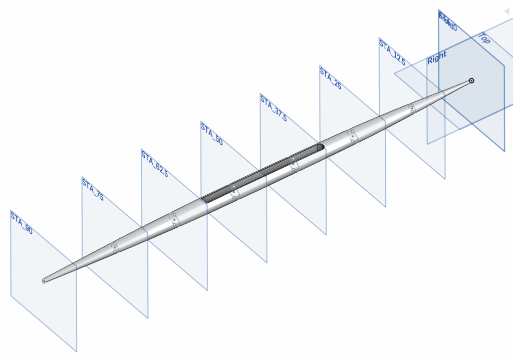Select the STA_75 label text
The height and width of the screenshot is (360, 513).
(93, 190)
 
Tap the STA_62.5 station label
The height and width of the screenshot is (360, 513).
(154, 163)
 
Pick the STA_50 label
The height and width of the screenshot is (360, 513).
(211, 134)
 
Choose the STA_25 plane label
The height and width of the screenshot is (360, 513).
(330, 78)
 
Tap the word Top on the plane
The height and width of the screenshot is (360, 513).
(484, 39)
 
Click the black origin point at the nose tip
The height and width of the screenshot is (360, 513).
(471, 81)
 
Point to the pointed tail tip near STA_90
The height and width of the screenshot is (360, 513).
(44, 280)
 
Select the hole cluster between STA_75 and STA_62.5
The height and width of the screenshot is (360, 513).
(115, 247)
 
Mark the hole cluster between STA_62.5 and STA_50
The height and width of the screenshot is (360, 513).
(173, 219)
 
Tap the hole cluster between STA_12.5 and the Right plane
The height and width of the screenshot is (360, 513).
(412, 108)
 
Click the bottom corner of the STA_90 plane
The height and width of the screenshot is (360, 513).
(77, 351)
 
